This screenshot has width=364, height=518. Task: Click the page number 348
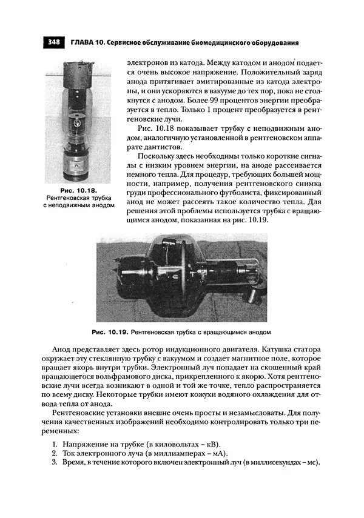pyautogui.click(x=53, y=42)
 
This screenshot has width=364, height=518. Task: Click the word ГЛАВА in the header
pyautogui.click(x=85, y=42)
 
